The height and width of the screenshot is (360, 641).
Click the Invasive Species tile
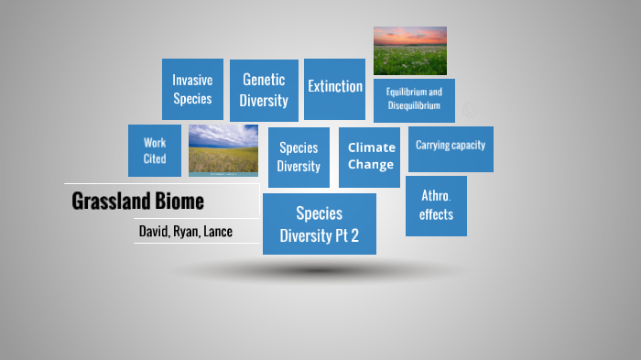tap(192, 90)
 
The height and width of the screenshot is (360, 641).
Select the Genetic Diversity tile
tap(264, 91)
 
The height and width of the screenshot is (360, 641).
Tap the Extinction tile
tap(334, 88)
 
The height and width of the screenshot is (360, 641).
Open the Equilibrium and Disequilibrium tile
tap(414, 100)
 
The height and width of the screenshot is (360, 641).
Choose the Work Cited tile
tap(155, 150)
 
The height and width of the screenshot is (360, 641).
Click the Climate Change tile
tap(371, 157)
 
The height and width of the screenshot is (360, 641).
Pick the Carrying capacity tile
tap(450, 148)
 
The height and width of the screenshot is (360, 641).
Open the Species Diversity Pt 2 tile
tap(319, 224)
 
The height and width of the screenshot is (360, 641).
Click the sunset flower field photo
tap(409, 50)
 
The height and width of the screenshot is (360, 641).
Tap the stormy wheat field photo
tap(223, 149)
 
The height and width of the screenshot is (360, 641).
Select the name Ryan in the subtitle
tap(189, 232)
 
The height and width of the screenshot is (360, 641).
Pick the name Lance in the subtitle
tap(219, 232)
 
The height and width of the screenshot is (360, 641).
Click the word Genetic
tap(264, 80)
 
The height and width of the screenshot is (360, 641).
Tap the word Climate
tap(371, 147)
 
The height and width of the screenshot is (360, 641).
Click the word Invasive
tap(192, 81)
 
